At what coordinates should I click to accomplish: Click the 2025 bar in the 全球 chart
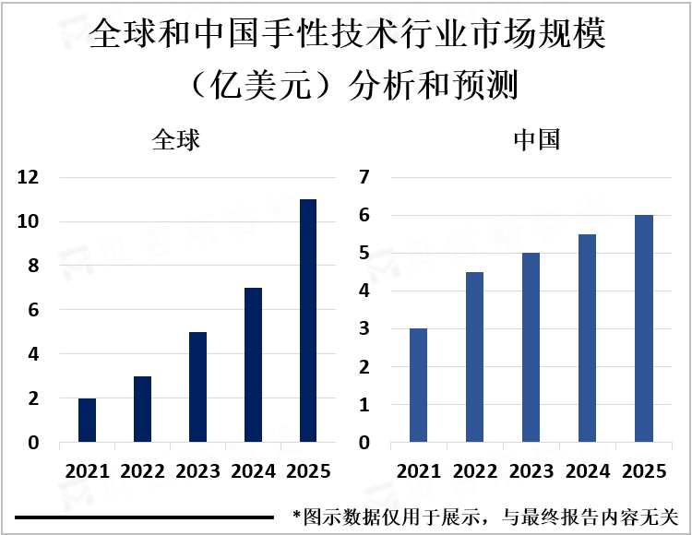308,321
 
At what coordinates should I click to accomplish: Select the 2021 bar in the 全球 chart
87,421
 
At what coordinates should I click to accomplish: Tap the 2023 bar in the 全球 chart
197,387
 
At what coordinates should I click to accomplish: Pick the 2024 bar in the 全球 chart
253,365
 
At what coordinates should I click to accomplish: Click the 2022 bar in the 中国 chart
474,358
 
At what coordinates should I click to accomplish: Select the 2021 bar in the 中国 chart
419,386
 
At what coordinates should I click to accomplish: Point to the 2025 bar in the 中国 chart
643,329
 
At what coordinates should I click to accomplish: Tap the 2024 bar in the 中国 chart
587,339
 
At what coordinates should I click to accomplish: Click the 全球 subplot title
176,141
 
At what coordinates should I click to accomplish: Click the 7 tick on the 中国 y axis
363,177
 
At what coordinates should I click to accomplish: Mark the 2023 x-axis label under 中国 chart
531,471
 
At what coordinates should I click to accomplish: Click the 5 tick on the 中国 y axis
363,254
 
